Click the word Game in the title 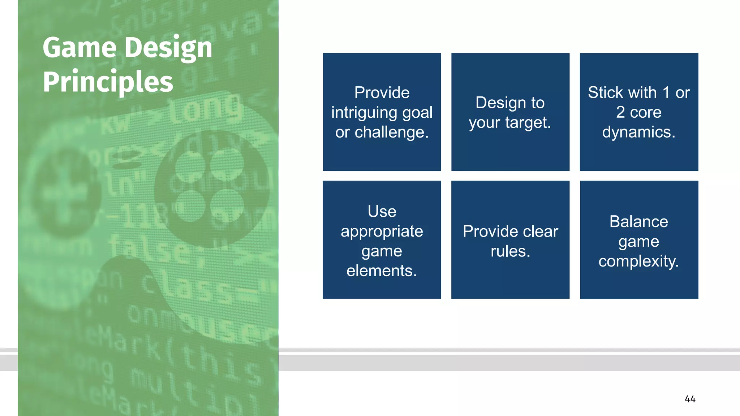80,48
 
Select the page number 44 690,399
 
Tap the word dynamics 638,132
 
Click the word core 645,112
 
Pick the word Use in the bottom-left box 382,212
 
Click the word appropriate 382,231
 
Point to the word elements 382,271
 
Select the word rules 510,251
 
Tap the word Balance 638,222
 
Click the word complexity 638,261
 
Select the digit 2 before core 620,112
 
